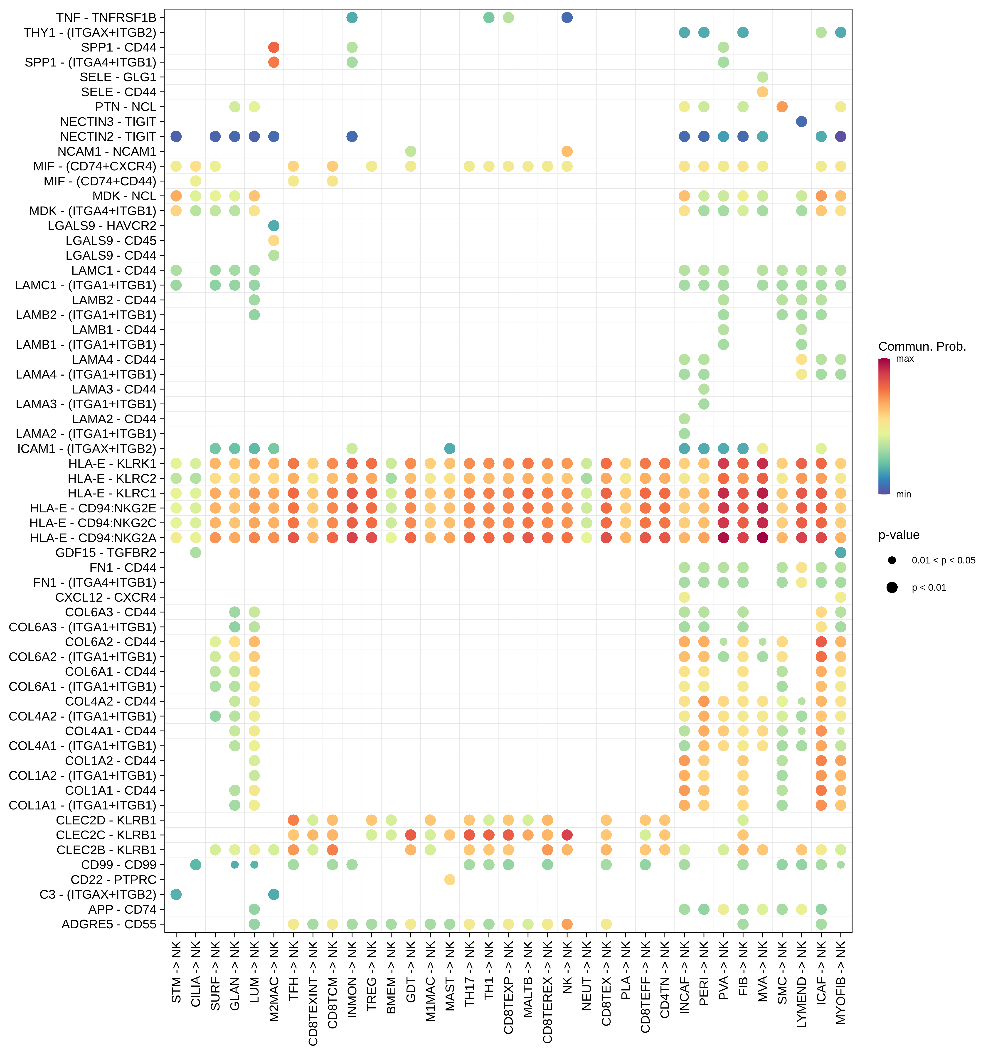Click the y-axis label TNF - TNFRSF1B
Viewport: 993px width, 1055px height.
coord(106,17)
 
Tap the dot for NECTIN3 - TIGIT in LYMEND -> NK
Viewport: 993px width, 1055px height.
coord(801,122)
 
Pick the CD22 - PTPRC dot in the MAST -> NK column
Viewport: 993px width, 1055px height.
coord(450,879)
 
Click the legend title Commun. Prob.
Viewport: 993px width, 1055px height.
coord(922,347)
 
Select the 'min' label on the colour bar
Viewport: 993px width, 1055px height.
coord(903,494)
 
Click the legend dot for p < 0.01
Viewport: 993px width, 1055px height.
coord(892,588)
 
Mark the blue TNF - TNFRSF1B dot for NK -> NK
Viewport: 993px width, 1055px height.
coord(567,17)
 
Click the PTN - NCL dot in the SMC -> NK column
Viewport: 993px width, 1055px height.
coord(782,107)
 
